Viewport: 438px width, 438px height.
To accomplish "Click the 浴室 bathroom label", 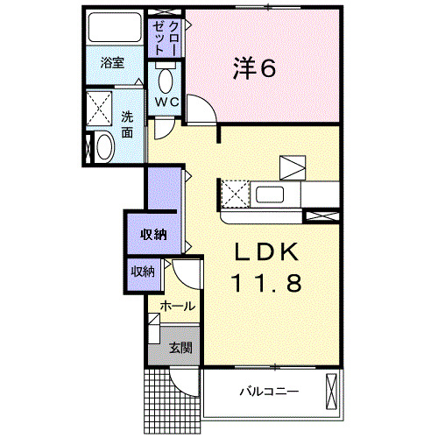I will coord(113,63).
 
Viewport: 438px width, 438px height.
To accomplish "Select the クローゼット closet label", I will coord(166,39).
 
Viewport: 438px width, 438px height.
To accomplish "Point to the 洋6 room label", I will coord(255,68).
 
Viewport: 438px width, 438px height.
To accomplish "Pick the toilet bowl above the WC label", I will coord(165,81).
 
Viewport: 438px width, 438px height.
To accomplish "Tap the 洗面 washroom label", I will coord(128,124).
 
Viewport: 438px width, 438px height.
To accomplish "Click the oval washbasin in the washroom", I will coord(103,146).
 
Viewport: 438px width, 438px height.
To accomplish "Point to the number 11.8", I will coord(268,282).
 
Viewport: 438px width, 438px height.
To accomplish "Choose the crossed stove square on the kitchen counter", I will coord(235,191).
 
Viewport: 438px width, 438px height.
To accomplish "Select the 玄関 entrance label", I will coord(180,348).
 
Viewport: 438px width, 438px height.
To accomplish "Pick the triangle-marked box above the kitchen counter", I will coord(292,166).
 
